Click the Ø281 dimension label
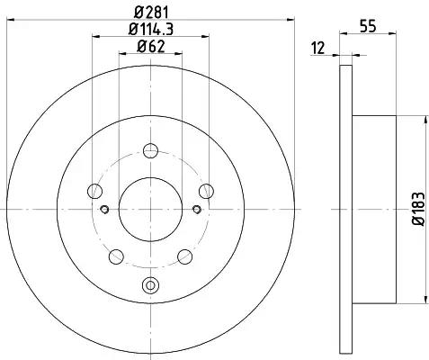pyautogui.click(x=151, y=13)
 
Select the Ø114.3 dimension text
pyautogui.click(x=151, y=29)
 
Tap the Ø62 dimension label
pyautogui.click(x=151, y=47)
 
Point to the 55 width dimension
pyautogui.click(x=368, y=26)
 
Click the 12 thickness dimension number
pyautogui.click(x=317, y=49)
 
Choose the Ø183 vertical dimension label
pyautogui.click(x=419, y=209)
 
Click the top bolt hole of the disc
pyautogui.click(x=150, y=150)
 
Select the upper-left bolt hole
pyautogui.click(x=94, y=191)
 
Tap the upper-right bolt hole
pyautogui.click(x=206, y=191)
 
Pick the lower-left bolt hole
pyautogui.click(x=116, y=256)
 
